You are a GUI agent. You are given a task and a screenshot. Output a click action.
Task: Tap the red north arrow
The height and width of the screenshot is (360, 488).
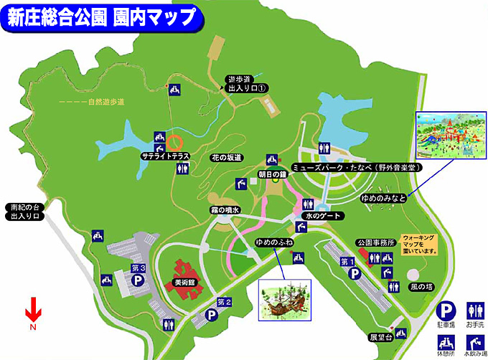point(32,313)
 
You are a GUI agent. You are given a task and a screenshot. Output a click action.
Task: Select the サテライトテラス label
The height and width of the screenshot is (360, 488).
point(164,155)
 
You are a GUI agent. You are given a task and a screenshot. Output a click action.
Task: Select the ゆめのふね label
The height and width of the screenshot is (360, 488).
point(274,242)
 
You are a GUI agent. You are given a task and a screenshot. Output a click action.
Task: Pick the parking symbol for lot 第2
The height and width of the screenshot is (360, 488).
point(212,314)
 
